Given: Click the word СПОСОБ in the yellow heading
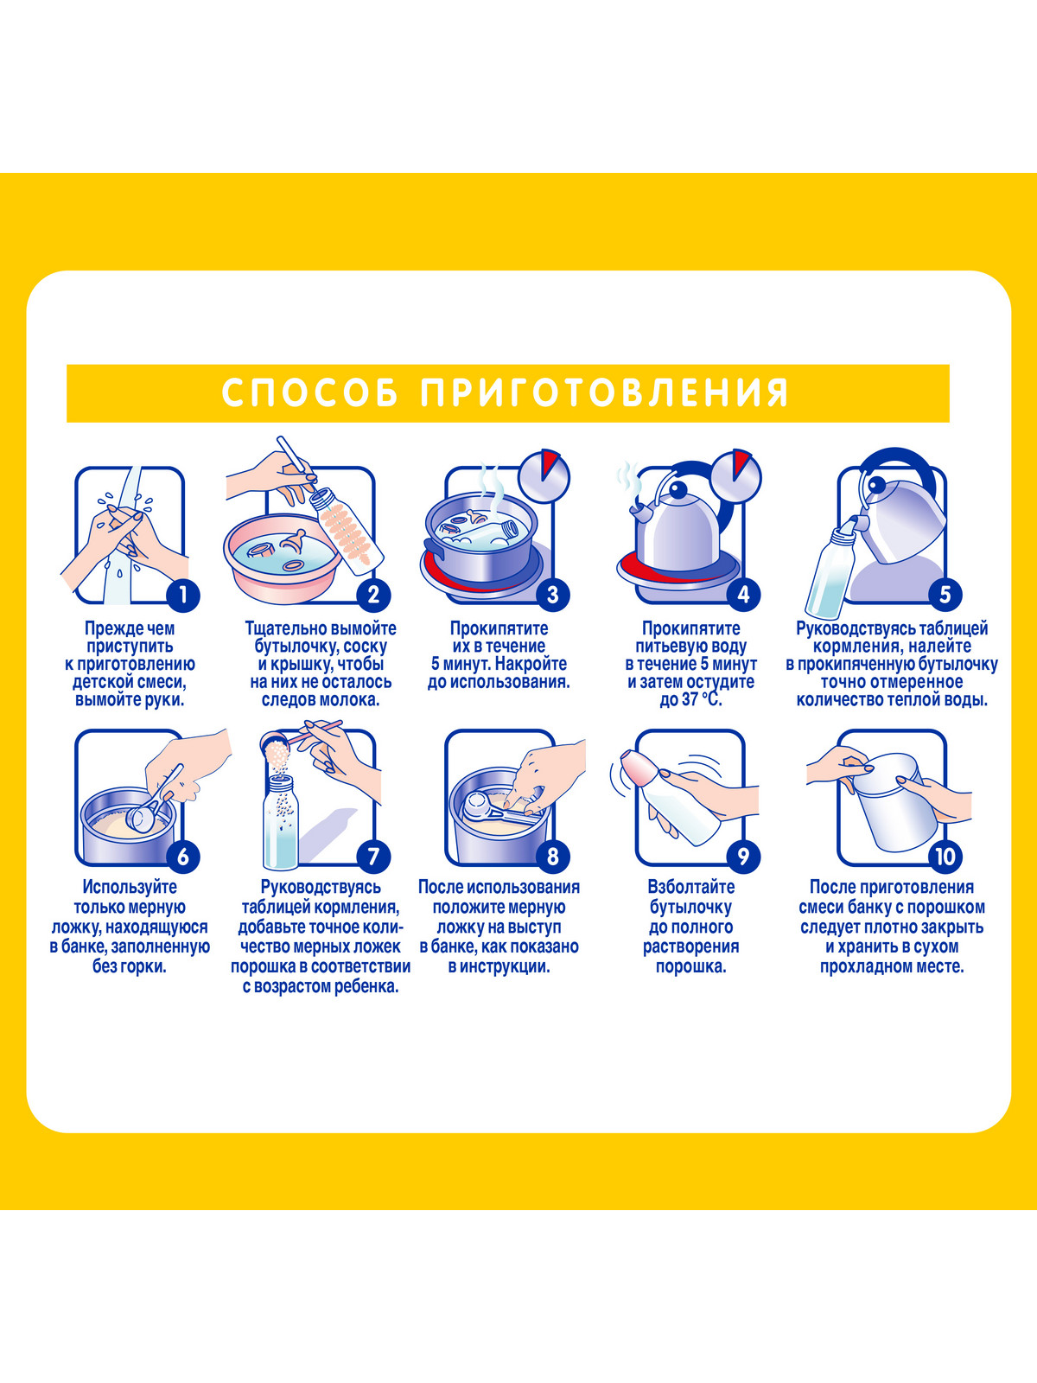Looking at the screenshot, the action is pos(309,392).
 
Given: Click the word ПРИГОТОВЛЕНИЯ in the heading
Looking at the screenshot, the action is pos(605,392).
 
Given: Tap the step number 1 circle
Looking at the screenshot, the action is pos(182,595).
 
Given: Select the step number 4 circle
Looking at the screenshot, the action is pos(743,595).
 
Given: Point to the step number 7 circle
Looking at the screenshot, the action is pos(373,857).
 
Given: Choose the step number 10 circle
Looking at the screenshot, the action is pos(945,857).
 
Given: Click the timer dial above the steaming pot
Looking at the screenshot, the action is pos(544,475).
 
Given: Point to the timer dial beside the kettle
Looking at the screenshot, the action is pos(736,475).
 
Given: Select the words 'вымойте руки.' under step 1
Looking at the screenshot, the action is pos(130,700).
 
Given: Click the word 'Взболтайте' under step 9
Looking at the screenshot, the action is pos(691,887).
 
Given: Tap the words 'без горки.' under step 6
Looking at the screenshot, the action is pos(130,966).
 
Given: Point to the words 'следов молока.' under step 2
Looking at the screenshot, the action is pos(321,700).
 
